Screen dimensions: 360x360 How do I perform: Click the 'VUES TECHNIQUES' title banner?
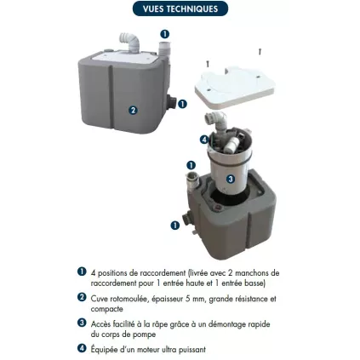(180, 9)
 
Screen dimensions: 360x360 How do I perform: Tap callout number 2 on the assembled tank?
(133, 110)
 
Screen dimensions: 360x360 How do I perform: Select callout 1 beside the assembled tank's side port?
(182, 104)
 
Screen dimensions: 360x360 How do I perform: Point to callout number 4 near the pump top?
(203, 140)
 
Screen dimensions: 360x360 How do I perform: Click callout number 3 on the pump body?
(230, 179)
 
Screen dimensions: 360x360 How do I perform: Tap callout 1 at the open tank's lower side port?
(175, 226)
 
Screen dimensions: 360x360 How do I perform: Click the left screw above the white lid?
(207, 62)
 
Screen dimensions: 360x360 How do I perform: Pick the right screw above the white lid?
(260, 52)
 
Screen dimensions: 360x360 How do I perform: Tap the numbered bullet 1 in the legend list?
(82, 271)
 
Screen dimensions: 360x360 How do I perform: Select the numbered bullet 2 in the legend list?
(82, 298)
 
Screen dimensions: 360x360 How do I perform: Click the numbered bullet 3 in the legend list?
(82, 323)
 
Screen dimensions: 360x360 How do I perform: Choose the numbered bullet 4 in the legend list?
(82, 348)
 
